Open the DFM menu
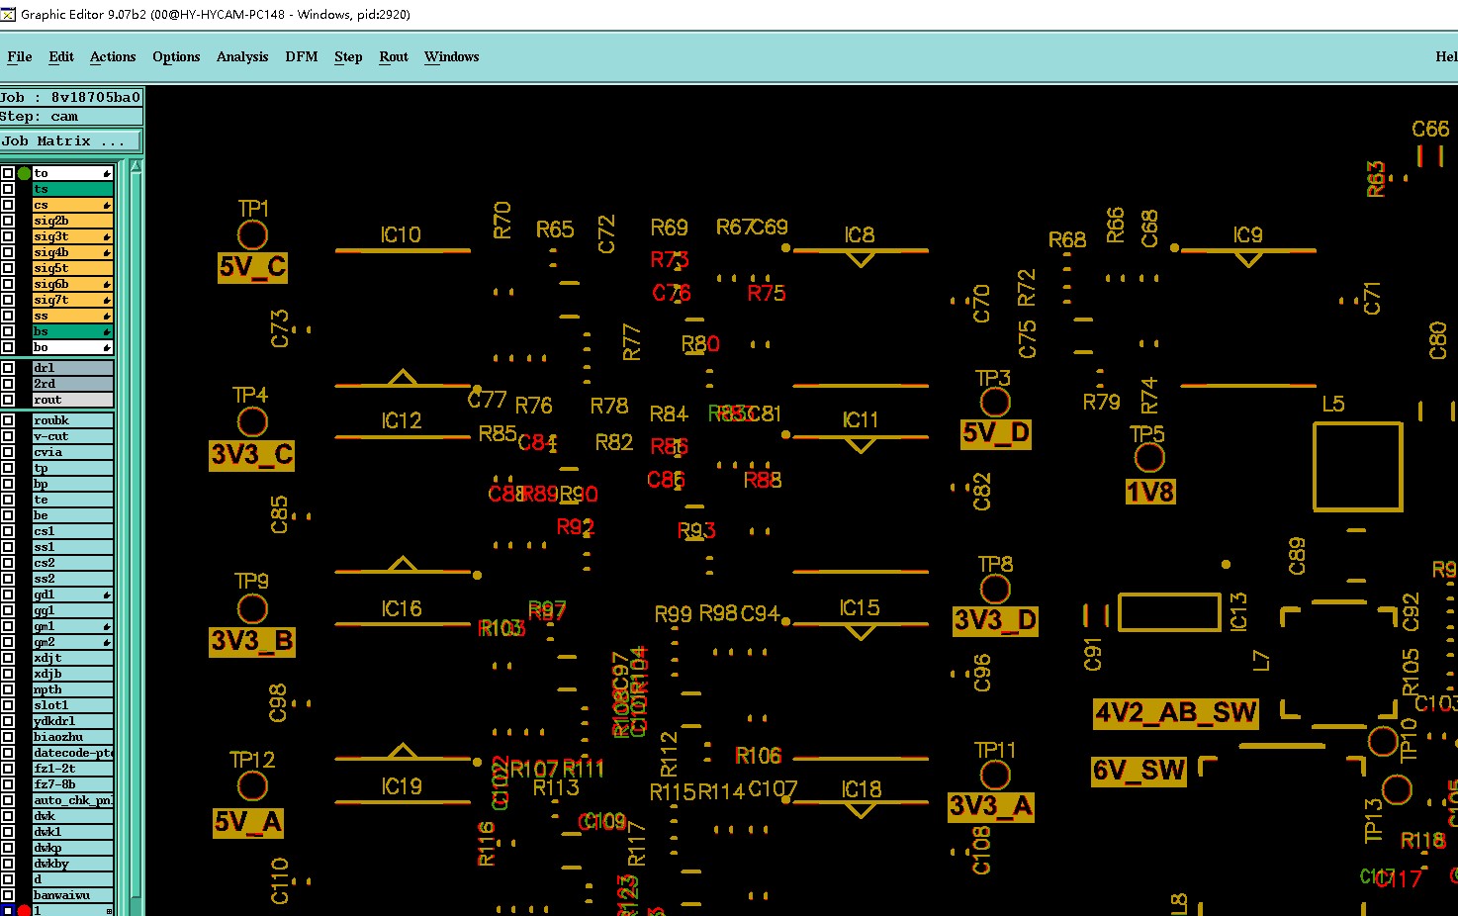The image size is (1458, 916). (302, 56)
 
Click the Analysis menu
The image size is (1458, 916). (242, 56)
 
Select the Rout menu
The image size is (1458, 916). (394, 56)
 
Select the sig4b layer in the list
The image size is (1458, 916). (71, 252)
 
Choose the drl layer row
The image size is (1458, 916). (71, 368)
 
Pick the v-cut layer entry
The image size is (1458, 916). (71, 436)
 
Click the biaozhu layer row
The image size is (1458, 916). (71, 737)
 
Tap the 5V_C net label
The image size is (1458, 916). (252, 267)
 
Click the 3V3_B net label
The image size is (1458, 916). (252, 641)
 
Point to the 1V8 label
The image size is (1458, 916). (1149, 492)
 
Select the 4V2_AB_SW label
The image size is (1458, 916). (1175, 713)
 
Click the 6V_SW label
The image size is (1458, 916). (1139, 771)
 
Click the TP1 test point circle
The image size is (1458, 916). (252, 235)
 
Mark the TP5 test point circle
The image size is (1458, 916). (1148, 458)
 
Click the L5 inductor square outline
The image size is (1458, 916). (1357, 467)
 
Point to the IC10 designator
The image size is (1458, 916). (401, 234)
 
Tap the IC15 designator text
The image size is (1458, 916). (859, 607)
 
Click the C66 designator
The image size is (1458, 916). (1429, 129)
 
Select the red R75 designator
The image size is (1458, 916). (766, 293)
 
